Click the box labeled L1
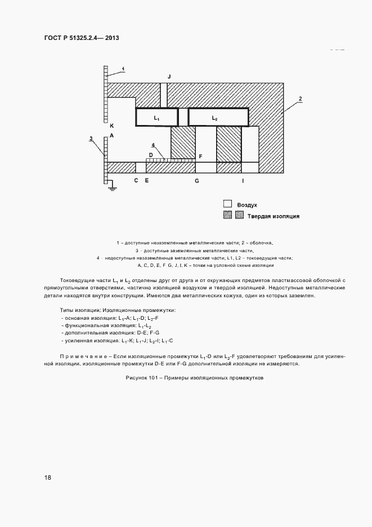coord(157,118)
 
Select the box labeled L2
coord(218,118)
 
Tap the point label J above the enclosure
coord(168,76)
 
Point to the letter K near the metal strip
coord(112,126)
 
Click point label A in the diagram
coord(112,136)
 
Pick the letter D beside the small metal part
coord(151,154)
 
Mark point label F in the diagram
coord(200,154)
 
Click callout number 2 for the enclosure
coord(301,99)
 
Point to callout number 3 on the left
coord(91,137)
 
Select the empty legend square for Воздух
coord(227,204)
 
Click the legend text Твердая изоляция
coord(273,216)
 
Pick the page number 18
coord(48,477)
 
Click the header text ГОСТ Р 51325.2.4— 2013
coord(82,38)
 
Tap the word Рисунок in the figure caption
coord(139,378)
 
